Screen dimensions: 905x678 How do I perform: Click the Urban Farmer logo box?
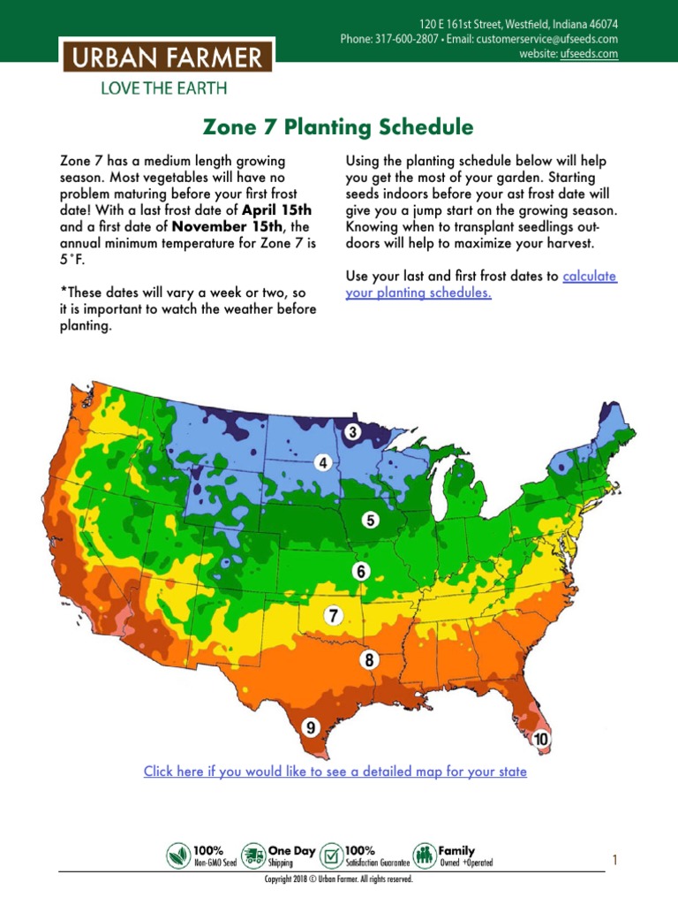(166, 59)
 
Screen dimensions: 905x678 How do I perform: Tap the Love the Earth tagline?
(164, 87)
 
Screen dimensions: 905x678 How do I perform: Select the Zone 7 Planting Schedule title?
(338, 127)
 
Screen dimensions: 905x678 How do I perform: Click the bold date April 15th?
(279, 209)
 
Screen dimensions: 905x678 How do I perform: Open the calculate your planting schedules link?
(481, 285)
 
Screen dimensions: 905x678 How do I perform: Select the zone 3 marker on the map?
(352, 432)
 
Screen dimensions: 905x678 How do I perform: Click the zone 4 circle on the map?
(323, 462)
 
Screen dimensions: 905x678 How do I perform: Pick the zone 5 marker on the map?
(372, 520)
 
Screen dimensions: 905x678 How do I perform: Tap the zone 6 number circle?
(360, 571)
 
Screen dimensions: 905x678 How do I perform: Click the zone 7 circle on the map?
(333, 615)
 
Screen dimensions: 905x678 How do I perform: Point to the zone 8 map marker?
(370, 659)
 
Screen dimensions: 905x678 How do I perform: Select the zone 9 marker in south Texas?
(310, 727)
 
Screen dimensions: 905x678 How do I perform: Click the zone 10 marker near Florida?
(541, 738)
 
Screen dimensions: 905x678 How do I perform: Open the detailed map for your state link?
(335, 772)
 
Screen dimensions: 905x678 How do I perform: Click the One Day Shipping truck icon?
(253, 856)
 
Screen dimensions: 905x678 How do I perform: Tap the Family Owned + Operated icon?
(425, 856)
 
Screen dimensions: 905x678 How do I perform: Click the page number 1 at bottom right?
(615, 859)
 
